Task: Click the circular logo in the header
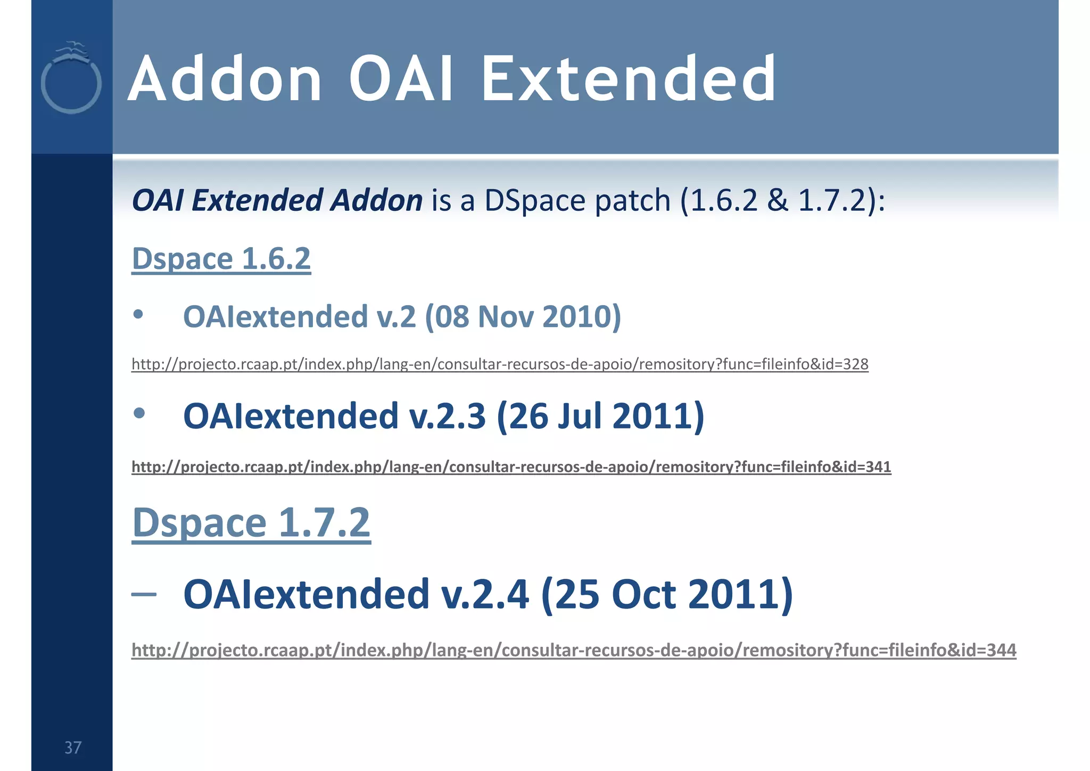click(x=71, y=80)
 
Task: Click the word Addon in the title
click(x=225, y=80)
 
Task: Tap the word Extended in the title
click(x=628, y=80)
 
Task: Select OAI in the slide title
click(x=401, y=80)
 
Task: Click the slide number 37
click(x=73, y=748)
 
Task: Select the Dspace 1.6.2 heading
click(x=221, y=259)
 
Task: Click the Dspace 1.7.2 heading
click(x=251, y=523)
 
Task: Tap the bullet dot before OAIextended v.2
click(x=138, y=314)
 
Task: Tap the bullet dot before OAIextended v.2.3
click(x=139, y=413)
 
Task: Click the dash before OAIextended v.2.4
click(x=144, y=594)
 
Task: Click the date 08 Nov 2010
click(x=523, y=317)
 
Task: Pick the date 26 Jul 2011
click(x=600, y=416)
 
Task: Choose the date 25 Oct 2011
click(x=666, y=594)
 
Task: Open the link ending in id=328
click(x=500, y=364)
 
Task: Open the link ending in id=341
click(x=511, y=467)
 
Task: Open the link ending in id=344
click(x=574, y=650)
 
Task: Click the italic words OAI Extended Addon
click(x=277, y=201)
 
